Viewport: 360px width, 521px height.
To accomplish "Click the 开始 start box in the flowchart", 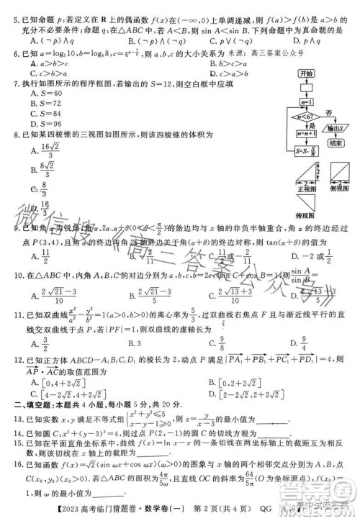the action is (x=307, y=74).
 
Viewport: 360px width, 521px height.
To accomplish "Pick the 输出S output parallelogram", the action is (x=333, y=128).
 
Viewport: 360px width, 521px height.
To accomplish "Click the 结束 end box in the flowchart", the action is (x=333, y=143).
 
